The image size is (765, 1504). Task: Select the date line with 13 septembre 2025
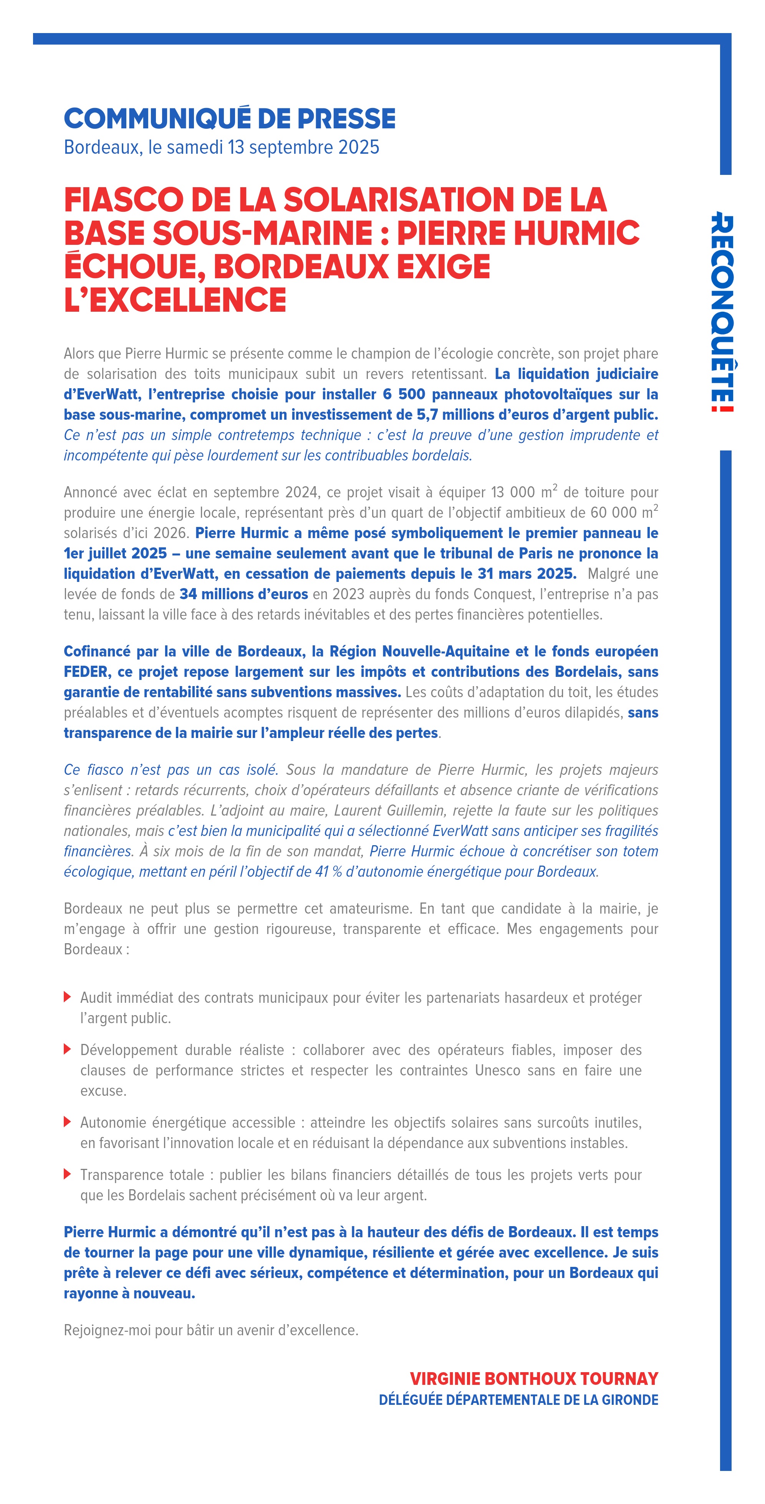[x=221, y=147]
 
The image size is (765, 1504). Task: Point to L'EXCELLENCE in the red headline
[x=175, y=300]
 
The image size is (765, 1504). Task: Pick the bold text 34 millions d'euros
[x=243, y=594]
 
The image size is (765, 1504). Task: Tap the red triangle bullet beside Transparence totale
[x=68, y=1174]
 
